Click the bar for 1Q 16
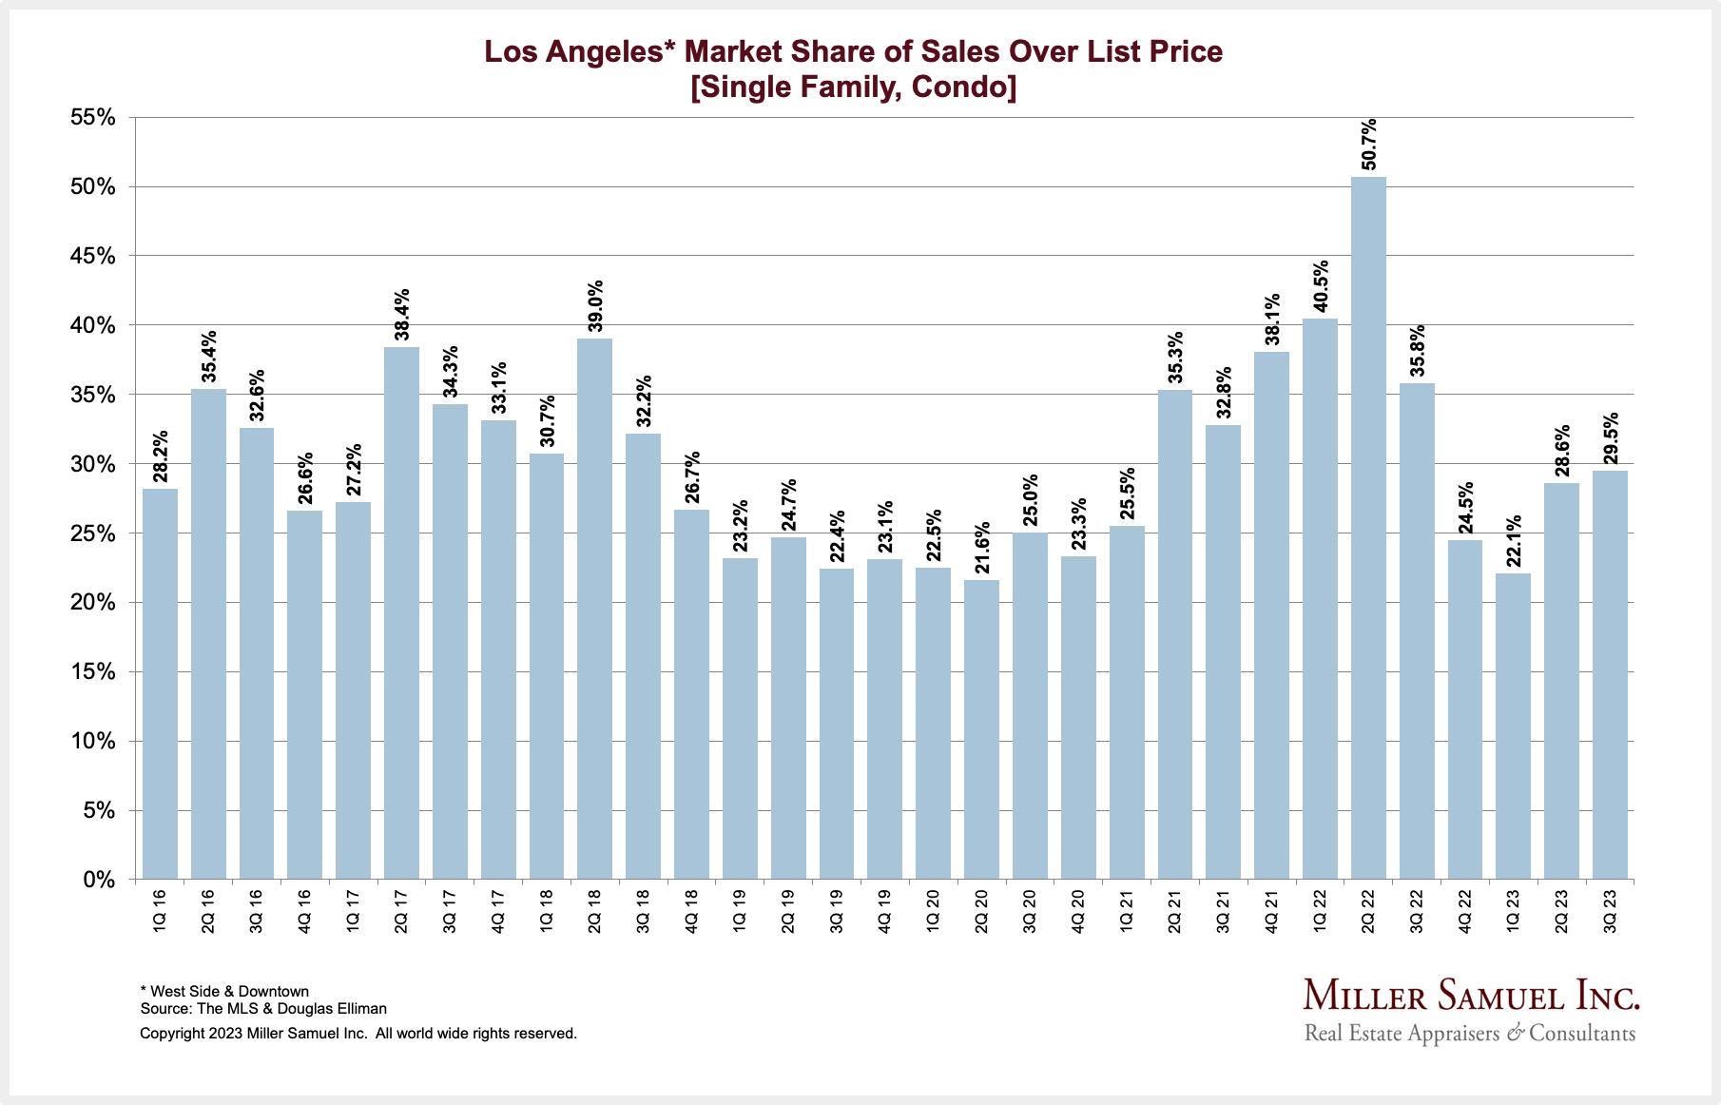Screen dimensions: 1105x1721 click(x=160, y=684)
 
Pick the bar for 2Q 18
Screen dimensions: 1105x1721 click(x=594, y=609)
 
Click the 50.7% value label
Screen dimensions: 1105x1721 click(x=1368, y=145)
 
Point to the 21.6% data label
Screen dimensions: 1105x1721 click(x=982, y=548)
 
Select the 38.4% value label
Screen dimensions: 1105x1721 click(x=402, y=315)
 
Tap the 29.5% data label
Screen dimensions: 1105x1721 click(x=1611, y=438)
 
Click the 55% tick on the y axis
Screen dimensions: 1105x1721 click(x=92, y=118)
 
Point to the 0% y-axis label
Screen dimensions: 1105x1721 click(x=99, y=880)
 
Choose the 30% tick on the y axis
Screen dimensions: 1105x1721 click(x=92, y=464)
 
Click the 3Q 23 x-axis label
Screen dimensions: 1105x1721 click(x=1610, y=911)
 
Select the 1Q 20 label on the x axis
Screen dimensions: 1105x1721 click(x=933, y=911)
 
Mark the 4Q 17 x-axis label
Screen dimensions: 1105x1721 click(x=498, y=911)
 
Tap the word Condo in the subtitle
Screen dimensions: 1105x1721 click(x=963, y=87)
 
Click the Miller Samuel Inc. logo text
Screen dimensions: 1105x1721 click(x=1471, y=996)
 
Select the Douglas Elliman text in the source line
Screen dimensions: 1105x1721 click(x=332, y=1008)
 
